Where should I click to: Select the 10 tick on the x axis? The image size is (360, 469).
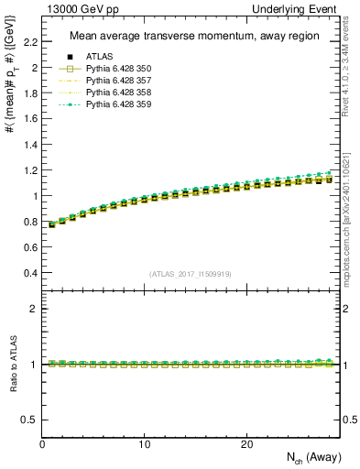(x=144, y=444)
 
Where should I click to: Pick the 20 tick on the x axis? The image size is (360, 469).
(x=245, y=444)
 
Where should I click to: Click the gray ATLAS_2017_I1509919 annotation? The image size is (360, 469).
(x=191, y=274)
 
